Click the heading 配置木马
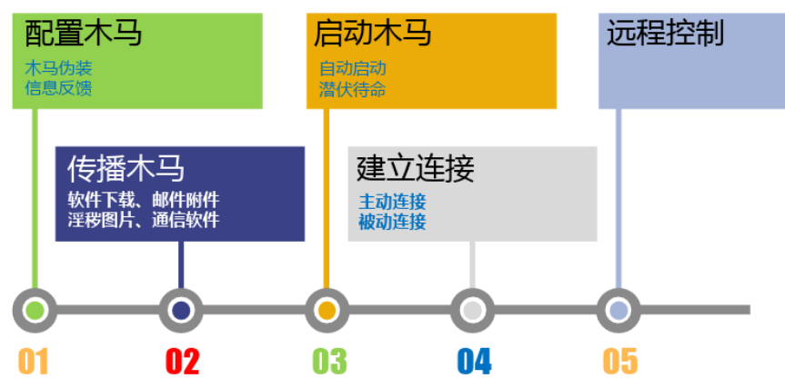[83, 35]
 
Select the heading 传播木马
[126, 168]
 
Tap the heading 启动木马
[372, 35]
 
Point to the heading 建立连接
[416, 168]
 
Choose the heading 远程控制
[665, 34]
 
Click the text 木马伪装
[58, 68]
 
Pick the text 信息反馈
[58, 88]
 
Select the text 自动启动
[353, 68]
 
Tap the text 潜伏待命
[353, 89]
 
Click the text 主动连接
[393, 202]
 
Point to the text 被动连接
[393, 222]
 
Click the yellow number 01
[33, 361]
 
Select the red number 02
[182, 361]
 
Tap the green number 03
[329, 361]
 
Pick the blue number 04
[474, 361]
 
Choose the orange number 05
[620, 361]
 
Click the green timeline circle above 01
[35, 310]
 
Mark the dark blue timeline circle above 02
[181, 310]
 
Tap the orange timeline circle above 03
[327, 310]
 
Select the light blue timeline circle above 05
[619, 310]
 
